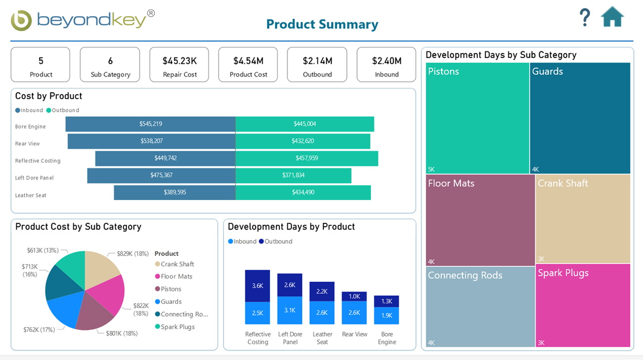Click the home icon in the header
pos(612,17)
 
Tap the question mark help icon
pos(585,17)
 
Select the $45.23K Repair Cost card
pos(179,65)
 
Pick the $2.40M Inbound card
pos(386,65)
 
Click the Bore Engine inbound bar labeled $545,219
pos(150,124)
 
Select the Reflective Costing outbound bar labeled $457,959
pos(307,158)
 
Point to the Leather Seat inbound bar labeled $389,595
pos(175,192)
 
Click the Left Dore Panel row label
pos(34,178)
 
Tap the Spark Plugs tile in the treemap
pos(583,305)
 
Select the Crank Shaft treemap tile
pos(583,219)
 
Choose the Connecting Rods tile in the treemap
pos(480,307)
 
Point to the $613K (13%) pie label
pos(43,251)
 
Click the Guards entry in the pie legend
pos(171,302)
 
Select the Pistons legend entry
pos(171,289)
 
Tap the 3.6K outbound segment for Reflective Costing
pos(258,286)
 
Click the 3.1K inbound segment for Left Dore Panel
pos(290,310)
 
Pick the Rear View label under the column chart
pos(355,334)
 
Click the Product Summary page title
pos(322,24)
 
